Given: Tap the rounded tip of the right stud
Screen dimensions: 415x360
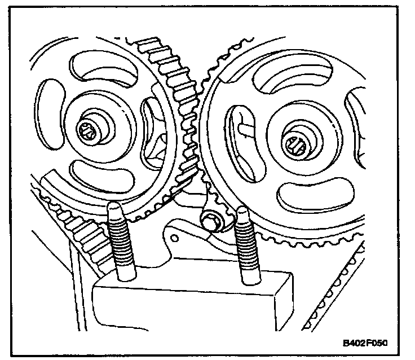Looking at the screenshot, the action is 243,214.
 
